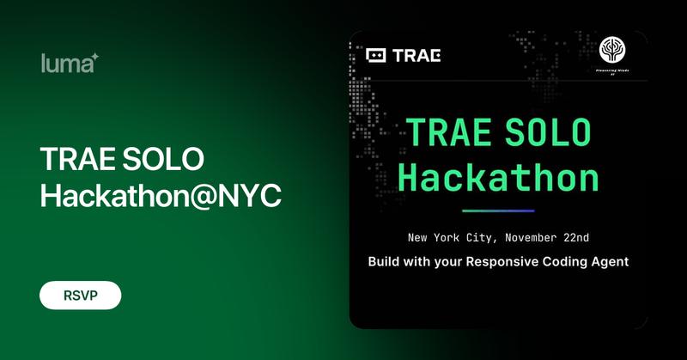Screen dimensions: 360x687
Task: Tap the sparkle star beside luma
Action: pyautogui.click(x=95, y=57)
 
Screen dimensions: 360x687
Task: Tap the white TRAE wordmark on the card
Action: pyautogui.click(x=416, y=56)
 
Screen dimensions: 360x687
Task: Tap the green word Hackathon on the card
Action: pyautogui.click(x=498, y=178)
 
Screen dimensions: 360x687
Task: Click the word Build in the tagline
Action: pyautogui.click(x=386, y=261)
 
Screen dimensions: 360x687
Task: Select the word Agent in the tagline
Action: pyautogui.click(x=608, y=261)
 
